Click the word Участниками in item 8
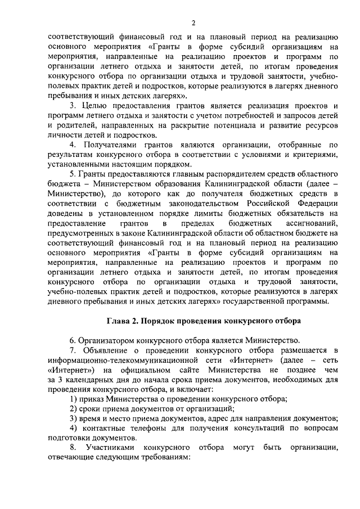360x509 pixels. [x=112, y=448]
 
